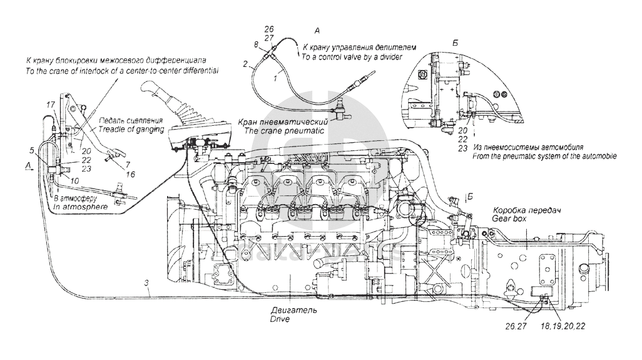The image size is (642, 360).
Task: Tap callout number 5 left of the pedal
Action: click(31, 150)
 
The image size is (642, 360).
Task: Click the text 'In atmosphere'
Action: click(79, 205)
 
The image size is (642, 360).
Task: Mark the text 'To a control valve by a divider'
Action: click(351, 56)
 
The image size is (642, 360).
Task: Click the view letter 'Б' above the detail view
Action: click(455, 43)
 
